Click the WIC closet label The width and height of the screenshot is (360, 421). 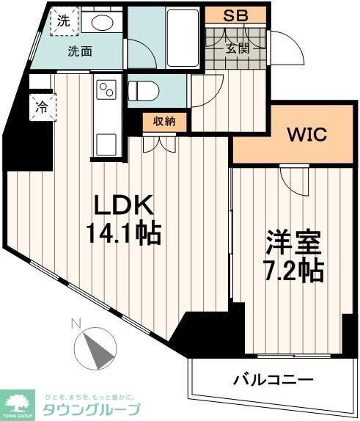(x=306, y=136)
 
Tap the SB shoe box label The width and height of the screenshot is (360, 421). (x=235, y=15)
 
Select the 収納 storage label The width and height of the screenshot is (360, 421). (x=164, y=122)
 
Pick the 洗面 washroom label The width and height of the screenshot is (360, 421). (x=80, y=51)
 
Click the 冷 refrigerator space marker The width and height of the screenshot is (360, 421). (x=42, y=107)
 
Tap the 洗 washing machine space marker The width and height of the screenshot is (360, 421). (x=64, y=22)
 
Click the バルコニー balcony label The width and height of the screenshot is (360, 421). (x=273, y=380)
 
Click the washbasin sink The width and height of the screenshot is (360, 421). (x=103, y=23)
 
